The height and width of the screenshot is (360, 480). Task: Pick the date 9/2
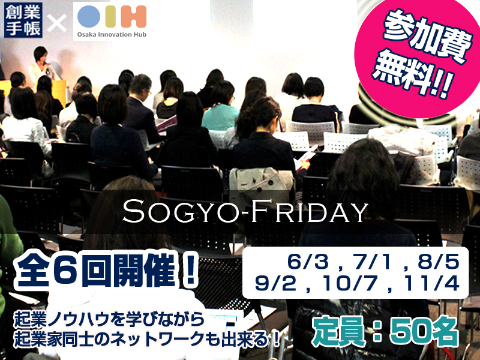pos(271,283)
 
